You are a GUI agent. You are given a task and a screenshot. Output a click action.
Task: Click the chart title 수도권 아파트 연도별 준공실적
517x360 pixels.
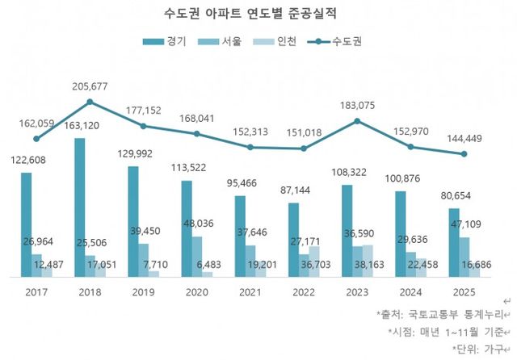coord(258,14)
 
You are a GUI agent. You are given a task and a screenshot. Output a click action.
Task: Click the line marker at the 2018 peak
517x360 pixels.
coord(90,102)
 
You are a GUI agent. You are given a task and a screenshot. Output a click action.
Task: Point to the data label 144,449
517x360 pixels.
coord(465,139)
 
